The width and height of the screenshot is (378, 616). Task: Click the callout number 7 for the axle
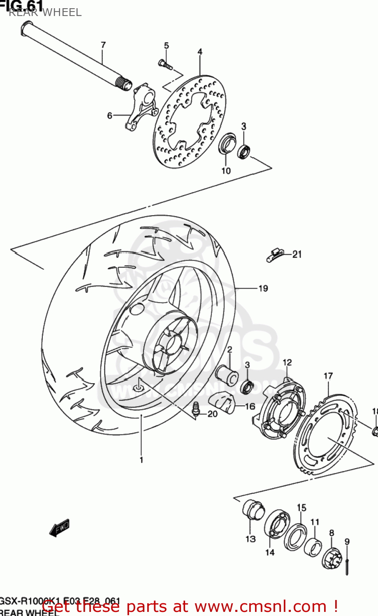103,45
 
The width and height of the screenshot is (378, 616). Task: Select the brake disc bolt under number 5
165,64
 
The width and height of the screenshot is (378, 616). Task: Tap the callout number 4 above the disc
200,52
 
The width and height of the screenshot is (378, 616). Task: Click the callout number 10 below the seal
226,171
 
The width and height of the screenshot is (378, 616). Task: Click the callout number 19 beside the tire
263,288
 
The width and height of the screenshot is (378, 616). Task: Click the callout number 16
250,407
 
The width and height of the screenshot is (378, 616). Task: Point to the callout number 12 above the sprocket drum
287,362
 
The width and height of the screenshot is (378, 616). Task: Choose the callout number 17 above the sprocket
328,376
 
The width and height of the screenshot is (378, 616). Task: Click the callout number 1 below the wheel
141,460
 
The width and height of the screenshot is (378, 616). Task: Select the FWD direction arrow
60,528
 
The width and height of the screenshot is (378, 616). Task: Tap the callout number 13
250,539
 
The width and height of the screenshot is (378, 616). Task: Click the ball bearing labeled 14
276,525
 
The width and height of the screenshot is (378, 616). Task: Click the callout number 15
301,508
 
